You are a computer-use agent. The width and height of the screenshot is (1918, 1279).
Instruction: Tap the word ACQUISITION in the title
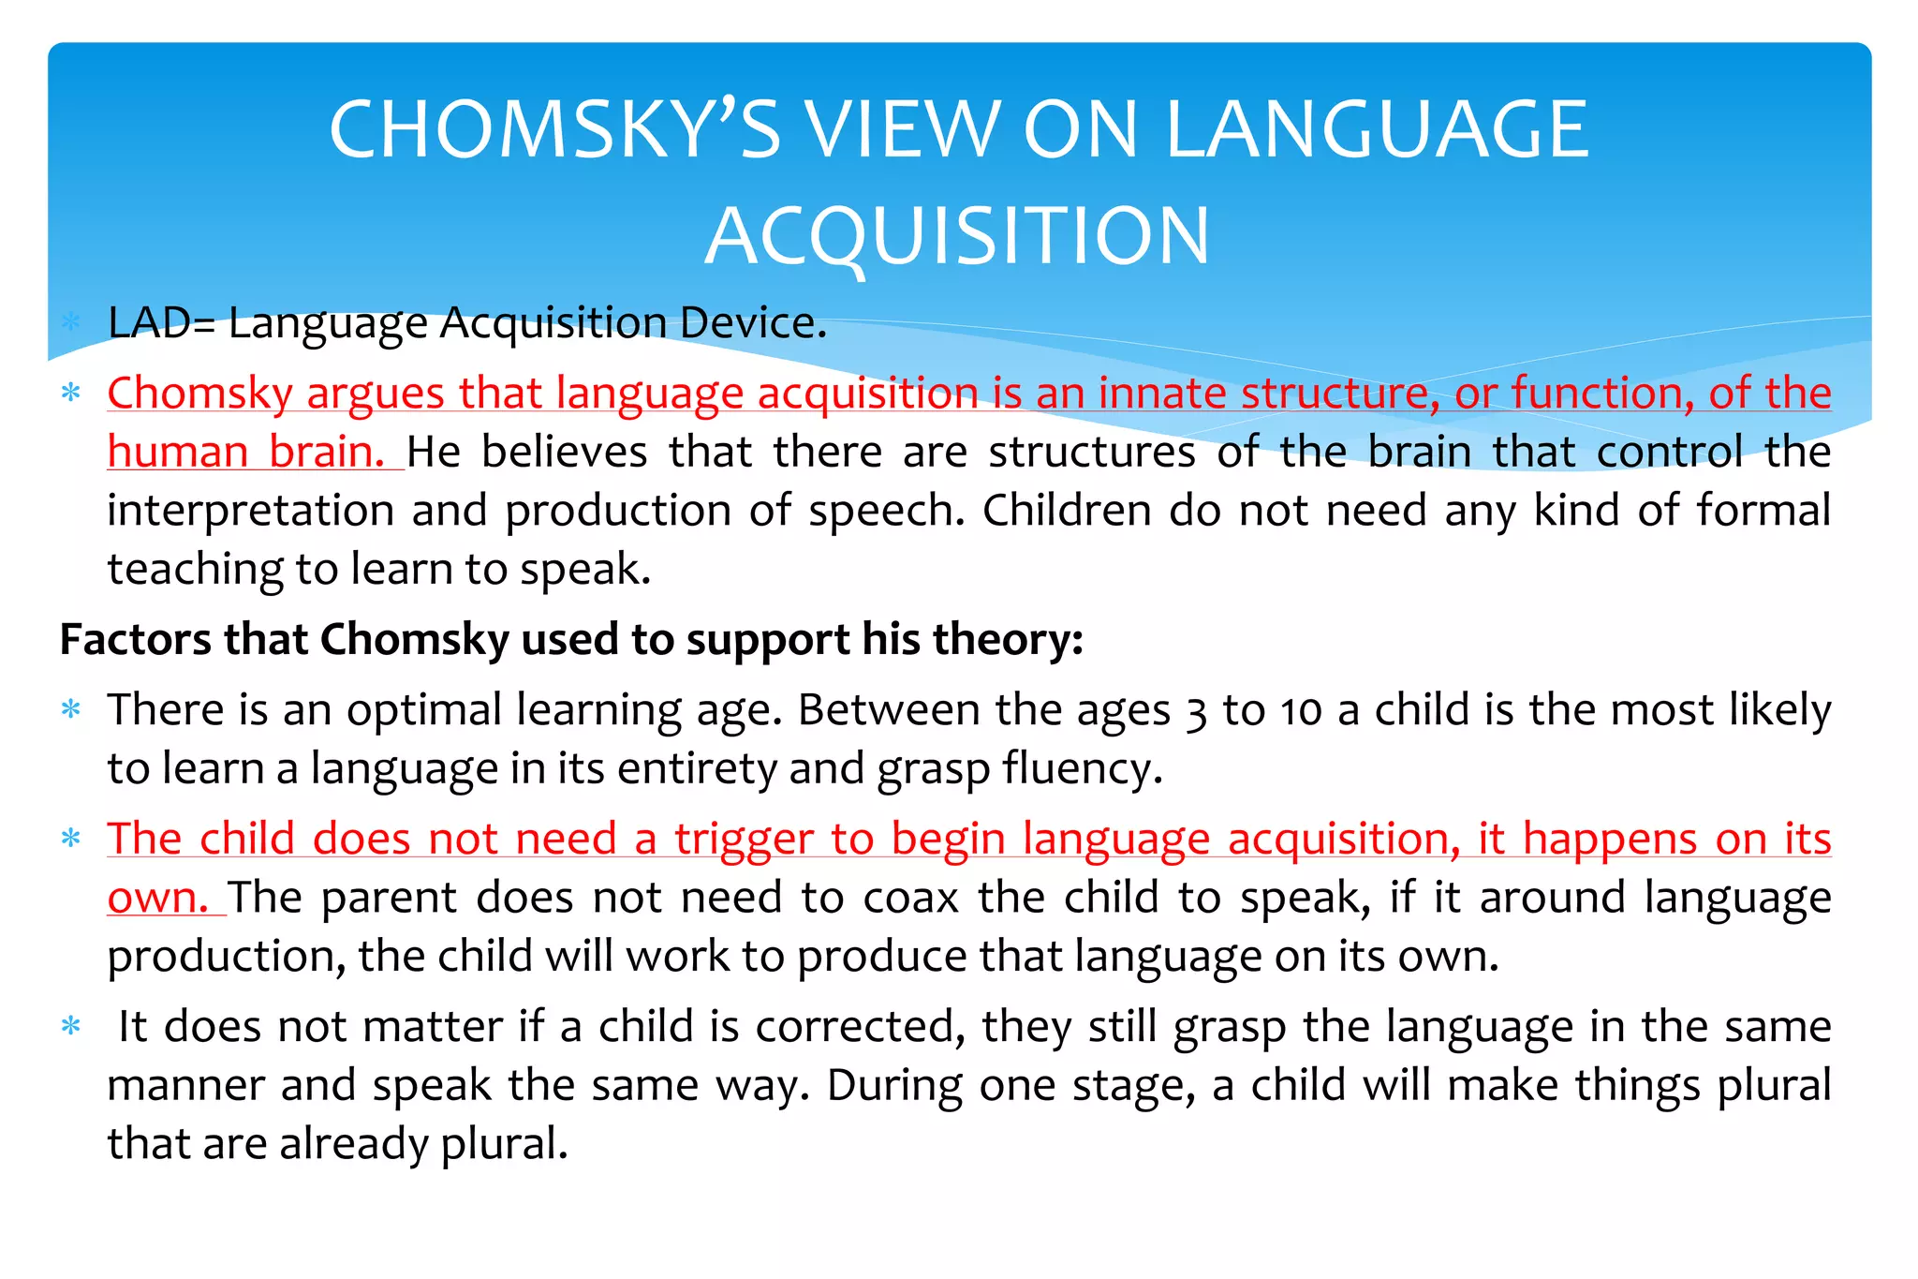957,236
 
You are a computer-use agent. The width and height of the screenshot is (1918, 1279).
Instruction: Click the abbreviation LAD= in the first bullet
161,323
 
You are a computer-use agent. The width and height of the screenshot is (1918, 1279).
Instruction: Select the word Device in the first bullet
753,323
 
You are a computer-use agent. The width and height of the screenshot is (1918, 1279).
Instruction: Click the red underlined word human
177,452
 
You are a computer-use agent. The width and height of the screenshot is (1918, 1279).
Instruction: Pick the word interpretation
250,512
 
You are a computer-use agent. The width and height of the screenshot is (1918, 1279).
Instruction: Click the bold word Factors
136,640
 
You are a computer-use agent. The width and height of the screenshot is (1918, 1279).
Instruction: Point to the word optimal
424,710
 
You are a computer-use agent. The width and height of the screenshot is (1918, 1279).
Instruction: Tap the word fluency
1081,769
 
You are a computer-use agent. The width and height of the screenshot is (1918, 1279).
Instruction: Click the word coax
910,898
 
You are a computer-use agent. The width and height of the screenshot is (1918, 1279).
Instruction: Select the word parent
389,898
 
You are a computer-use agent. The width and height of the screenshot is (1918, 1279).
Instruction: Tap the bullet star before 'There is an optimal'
71,709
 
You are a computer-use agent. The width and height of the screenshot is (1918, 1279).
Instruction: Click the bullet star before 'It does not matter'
71,1026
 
